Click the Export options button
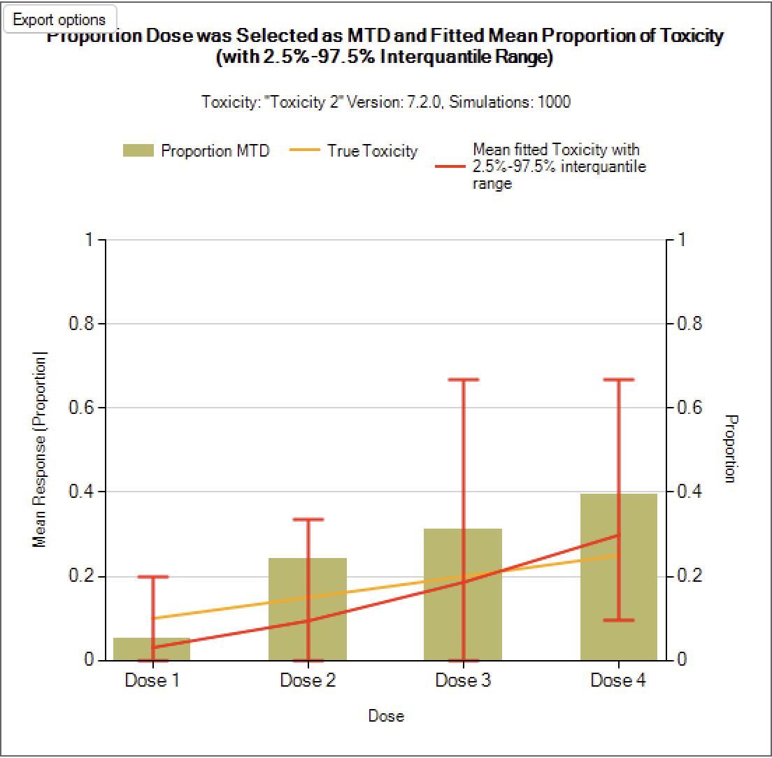(59, 20)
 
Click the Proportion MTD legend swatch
(138, 151)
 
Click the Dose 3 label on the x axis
(463, 680)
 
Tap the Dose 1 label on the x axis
(152, 680)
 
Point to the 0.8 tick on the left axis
(83, 324)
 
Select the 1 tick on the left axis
(88, 241)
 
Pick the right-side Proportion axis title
(730, 449)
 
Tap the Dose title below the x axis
(386, 716)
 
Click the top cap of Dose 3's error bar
(463, 380)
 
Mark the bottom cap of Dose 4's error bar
(618, 620)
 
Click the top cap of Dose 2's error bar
(308, 520)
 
